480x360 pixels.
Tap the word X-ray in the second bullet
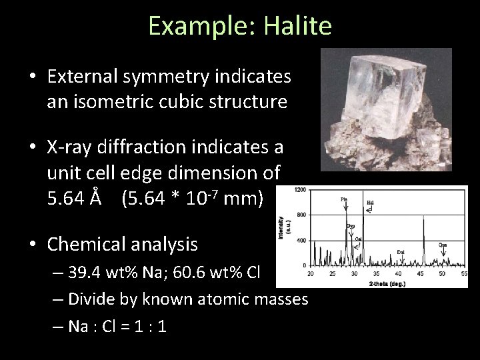[69, 145]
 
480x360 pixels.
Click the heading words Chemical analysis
[123, 245]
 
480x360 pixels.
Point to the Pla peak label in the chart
[344, 198]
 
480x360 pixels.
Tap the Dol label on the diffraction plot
[400, 251]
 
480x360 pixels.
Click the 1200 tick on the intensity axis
[301, 191]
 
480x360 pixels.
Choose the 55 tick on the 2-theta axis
[463, 272]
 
